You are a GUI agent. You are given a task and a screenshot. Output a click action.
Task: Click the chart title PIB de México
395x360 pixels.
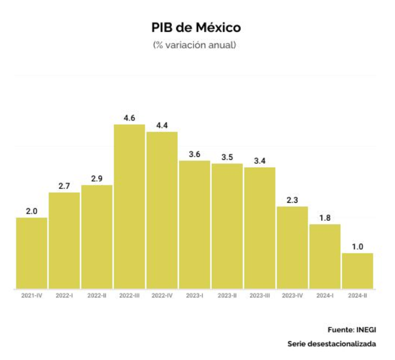[196, 27]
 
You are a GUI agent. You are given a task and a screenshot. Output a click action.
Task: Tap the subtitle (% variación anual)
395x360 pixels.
[195, 45]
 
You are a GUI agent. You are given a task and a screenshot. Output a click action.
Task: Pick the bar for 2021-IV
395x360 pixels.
[31, 253]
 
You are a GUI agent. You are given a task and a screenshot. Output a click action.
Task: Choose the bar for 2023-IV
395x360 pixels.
[292, 247]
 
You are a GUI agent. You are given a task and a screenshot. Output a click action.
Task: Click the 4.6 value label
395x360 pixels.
[129, 117]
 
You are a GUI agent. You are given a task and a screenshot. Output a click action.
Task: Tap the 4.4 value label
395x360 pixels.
[162, 124]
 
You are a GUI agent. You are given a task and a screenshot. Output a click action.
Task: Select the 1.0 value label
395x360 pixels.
[358, 246]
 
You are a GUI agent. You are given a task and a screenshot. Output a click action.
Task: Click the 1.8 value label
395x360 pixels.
[325, 217]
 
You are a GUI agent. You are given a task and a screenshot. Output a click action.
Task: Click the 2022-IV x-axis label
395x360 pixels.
[162, 296]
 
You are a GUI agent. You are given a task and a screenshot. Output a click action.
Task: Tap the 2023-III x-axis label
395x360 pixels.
[259, 296]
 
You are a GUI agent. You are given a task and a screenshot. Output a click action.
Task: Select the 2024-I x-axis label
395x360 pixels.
[325, 296]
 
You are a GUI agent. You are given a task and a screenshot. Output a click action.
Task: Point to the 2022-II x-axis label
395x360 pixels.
[97, 296]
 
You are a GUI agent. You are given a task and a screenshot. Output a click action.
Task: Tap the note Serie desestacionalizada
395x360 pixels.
[332, 344]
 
